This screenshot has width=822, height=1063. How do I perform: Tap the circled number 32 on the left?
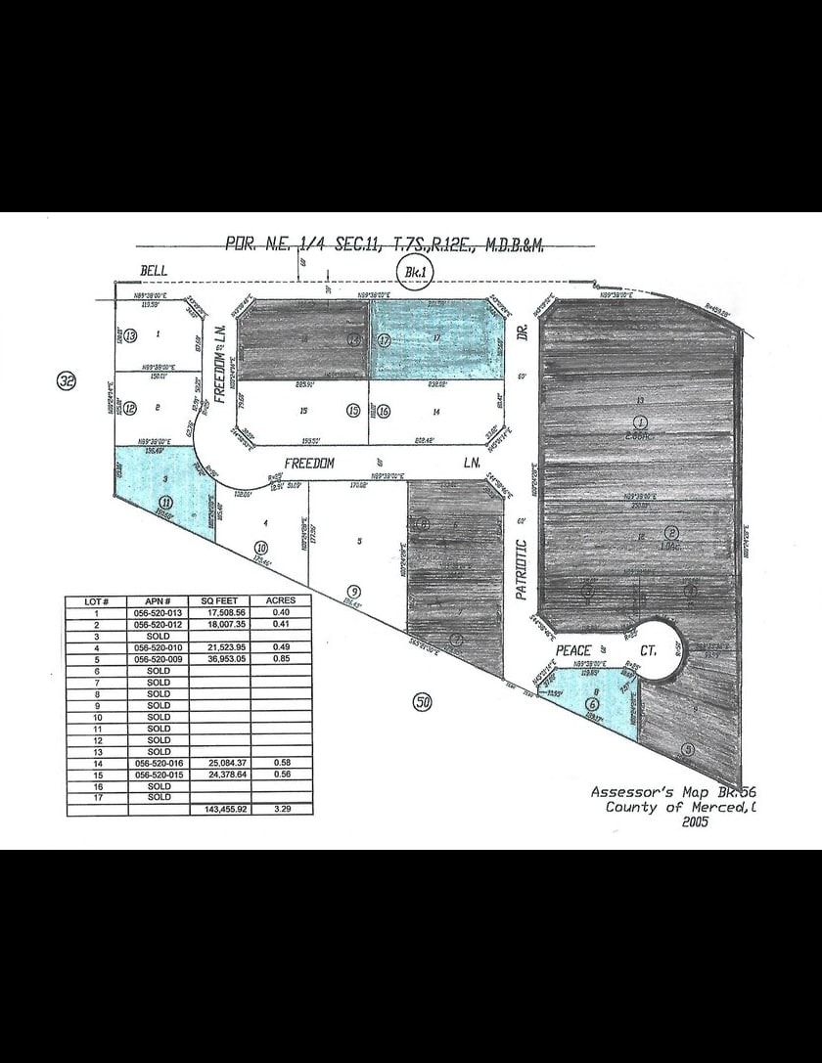coord(66,381)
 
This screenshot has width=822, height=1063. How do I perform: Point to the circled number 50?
coord(422,701)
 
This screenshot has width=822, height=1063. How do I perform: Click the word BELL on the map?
coord(155,269)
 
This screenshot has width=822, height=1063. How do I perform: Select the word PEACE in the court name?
coord(575,650)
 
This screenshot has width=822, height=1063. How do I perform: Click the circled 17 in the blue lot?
coord(385,341)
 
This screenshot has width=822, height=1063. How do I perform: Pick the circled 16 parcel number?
coord(384,412)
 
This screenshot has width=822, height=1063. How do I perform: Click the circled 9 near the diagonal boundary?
coord(353,590)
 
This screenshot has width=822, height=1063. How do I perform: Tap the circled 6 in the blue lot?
coord(591,703)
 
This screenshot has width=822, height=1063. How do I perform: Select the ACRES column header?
coord(282,600)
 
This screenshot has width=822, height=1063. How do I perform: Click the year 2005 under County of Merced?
coord(691,822)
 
